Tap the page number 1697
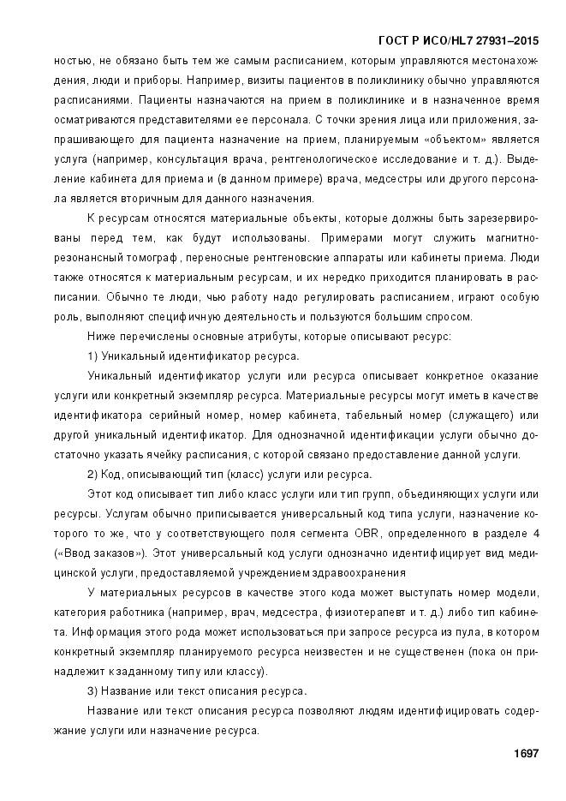[525, 753]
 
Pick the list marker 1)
[93, 356]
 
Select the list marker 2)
[93, 474]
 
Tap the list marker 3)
[93, 690]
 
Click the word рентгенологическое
[334, 158]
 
